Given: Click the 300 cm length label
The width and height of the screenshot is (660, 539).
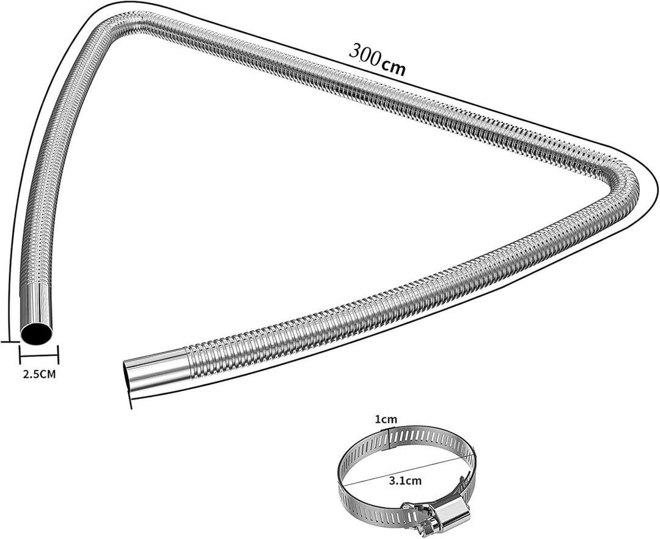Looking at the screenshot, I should click(377, 59).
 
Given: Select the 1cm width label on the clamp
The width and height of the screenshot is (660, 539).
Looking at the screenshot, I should click(386, 419).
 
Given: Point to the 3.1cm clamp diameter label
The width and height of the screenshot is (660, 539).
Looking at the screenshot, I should click(405, 480).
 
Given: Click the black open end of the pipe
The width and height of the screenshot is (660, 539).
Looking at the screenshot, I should click(36, 334).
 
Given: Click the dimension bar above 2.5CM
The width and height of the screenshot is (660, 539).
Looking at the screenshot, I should click(38, 354).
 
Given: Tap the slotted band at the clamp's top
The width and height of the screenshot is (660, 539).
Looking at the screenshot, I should click(416, 435).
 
